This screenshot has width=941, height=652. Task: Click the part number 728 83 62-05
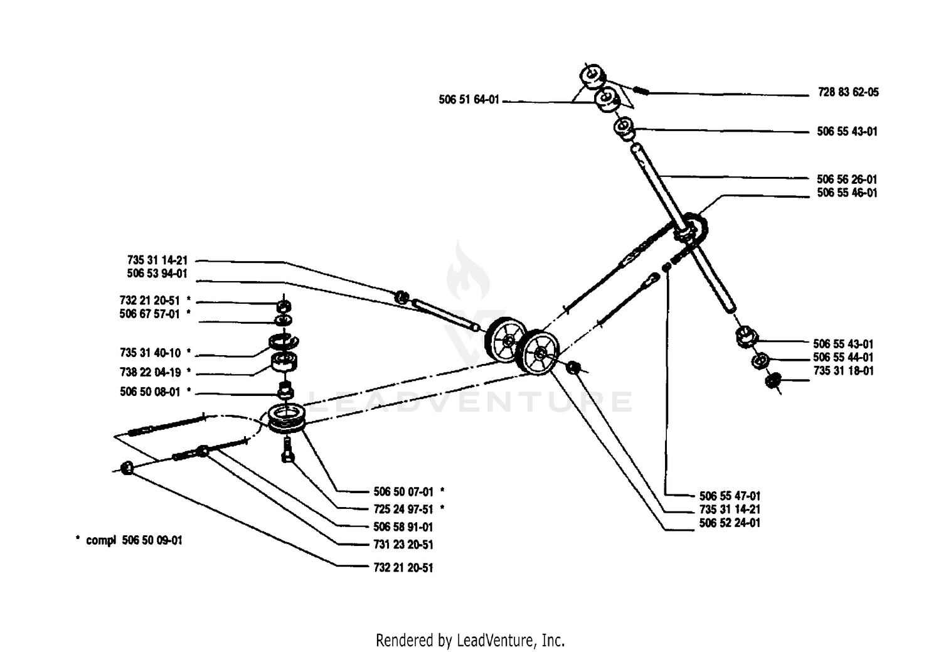pos(848,92)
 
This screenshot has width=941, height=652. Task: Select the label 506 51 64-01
pos(469,100)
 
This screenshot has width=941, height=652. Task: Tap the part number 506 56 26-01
pos(847,179)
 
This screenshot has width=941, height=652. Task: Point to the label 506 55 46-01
pos(847,193)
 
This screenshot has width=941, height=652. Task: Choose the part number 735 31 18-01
pos(844,371)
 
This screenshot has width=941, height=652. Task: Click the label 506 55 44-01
pos(843,358)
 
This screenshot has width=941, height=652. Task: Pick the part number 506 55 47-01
pos(730,496)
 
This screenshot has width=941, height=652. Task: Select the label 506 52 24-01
pos(730,523)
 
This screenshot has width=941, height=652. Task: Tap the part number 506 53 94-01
pos(157,274)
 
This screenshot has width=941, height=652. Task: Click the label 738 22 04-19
pos(151,372)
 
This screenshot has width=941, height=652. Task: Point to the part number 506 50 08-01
pos(150,392)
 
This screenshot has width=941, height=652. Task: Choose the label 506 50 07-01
pos(403,492)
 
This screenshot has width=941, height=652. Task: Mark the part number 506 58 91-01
pos(403,527)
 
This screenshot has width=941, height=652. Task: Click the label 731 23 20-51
pos(403,545)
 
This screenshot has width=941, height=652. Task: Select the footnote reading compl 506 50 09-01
pos(134,540)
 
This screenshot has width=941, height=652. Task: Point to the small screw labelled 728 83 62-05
pos(641,90)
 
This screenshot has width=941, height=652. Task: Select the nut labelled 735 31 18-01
pos(773,381)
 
